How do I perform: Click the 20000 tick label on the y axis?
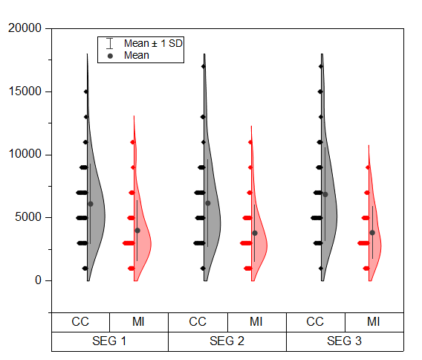28,29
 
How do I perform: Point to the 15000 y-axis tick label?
28,92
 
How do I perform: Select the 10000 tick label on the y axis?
28,155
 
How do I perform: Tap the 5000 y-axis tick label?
31,218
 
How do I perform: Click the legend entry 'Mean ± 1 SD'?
153,44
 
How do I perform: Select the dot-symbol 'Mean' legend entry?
137,55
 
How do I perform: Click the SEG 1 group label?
109,341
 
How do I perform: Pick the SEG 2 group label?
227,341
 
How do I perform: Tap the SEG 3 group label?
345,341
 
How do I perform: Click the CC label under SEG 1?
80,322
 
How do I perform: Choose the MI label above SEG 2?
256,322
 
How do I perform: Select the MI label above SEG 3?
374,322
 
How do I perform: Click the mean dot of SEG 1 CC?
91,204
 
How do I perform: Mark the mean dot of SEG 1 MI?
137,231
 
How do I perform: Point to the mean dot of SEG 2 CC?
208,203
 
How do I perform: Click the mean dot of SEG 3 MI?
372,233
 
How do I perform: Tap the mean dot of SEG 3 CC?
325,194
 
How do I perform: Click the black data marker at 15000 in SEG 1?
85,92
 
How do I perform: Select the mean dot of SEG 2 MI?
255,233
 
